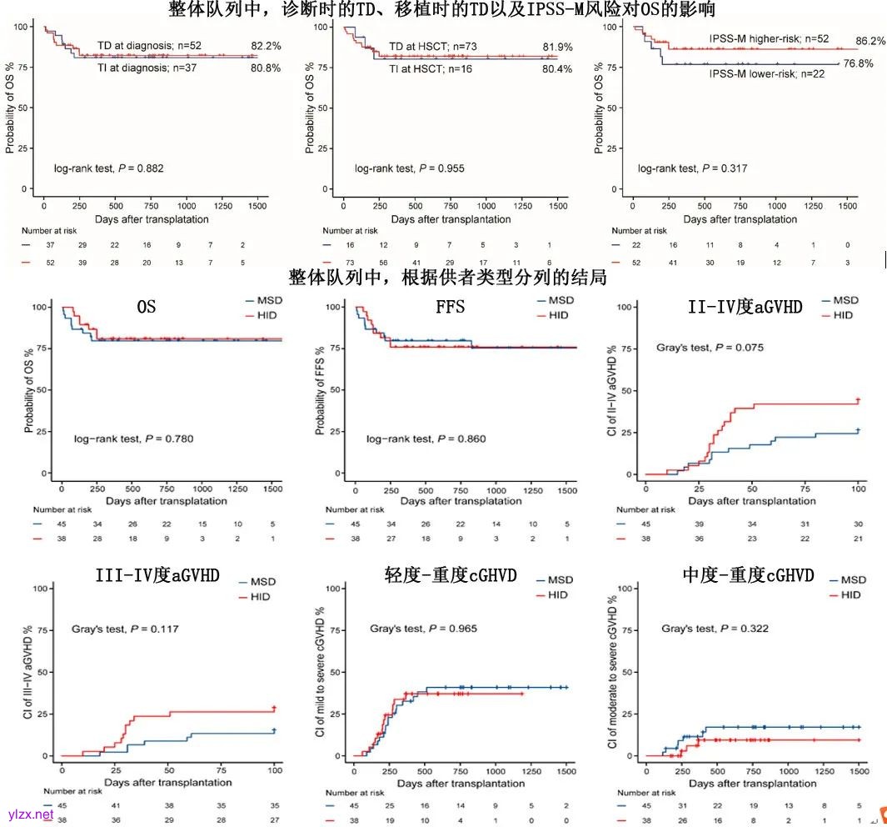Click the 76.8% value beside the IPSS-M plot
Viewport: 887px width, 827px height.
[x=858, y=63]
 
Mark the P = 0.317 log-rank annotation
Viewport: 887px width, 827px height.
[x=692, y=168]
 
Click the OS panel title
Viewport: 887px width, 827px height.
[x=146, y=308]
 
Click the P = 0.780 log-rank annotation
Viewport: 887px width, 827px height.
[x=133, y=439]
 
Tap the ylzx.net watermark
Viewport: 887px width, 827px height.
[x=30, y=814]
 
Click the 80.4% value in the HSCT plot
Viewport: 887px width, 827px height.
[x=556, y=69]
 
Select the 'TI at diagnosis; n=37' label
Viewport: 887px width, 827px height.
[x=150, y=67]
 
